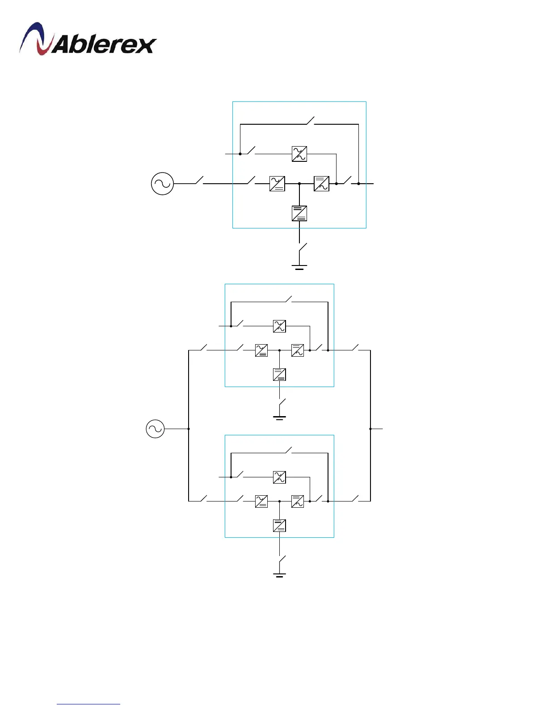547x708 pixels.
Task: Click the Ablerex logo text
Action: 104,45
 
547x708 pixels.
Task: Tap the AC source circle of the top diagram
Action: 162,184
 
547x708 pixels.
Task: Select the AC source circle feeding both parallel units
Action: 155,429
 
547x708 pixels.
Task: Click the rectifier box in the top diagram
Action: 277,184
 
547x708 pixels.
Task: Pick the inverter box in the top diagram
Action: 321,184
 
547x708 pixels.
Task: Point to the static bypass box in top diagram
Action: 299,154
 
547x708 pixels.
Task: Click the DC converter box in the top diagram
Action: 299,213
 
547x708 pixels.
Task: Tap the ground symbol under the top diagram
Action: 299,267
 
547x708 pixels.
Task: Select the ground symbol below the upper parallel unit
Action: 279,418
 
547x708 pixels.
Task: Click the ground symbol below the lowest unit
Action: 279,574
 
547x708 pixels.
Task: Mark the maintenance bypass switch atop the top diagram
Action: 310,121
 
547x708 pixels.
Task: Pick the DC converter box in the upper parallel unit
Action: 279,375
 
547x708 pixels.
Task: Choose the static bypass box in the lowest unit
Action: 279,477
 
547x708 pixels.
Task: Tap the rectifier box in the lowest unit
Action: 261,501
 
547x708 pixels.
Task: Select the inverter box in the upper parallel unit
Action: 298,350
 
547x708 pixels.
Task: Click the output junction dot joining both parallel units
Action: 370,429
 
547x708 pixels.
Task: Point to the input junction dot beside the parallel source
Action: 189,429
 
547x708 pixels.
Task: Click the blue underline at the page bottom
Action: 88,704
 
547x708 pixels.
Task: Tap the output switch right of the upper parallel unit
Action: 355,348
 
